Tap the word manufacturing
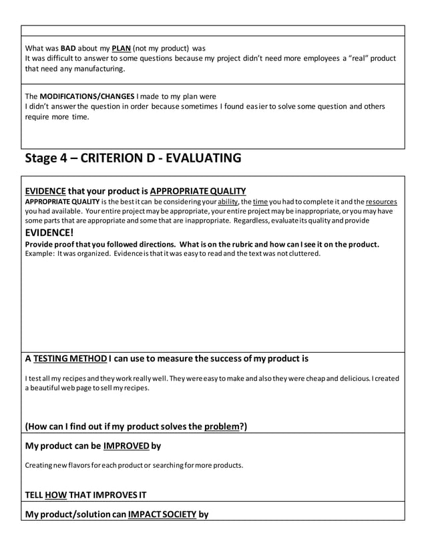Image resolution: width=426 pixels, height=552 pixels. click(x=97, y=69)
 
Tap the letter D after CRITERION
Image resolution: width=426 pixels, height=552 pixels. click(x=150, y=158)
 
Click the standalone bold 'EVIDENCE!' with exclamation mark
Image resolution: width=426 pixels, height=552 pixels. click(x=49, y=233)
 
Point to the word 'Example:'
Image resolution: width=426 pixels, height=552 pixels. click(x=40, y=253)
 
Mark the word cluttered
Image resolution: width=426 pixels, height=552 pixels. click(x=302, y=253)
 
